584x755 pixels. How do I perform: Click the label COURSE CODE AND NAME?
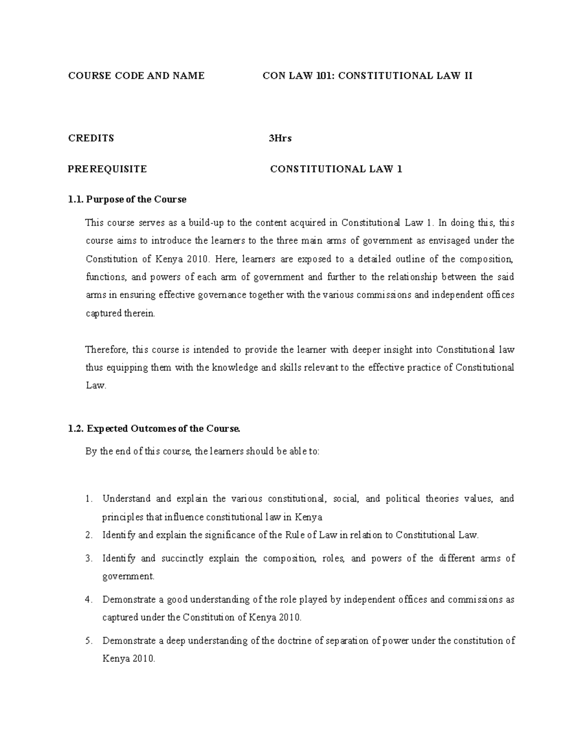[x=136, y=76]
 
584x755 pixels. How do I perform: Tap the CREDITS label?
[x=91, y=138]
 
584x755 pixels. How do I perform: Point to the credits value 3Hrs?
[x=280, y=138]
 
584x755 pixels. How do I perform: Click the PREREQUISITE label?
[x=107, y=169]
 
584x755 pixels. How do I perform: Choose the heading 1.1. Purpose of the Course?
[x=128, y=199]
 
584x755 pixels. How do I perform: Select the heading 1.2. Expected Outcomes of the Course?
[x=154, y=429]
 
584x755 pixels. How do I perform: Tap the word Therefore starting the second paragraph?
[x=107, y=350]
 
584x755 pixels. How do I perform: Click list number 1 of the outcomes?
[x=88, y=499]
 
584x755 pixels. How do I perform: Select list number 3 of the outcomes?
[x=88, y=559]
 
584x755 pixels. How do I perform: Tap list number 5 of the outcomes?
[x=88, y=641]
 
